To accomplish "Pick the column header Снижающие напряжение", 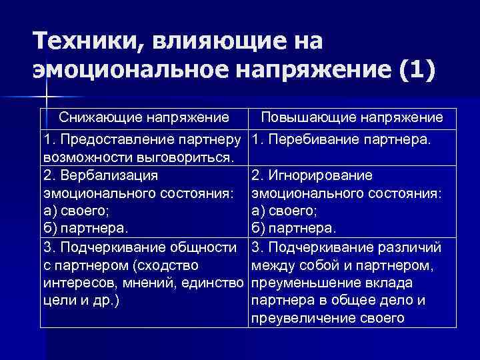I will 144,118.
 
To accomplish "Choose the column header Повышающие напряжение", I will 352,118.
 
